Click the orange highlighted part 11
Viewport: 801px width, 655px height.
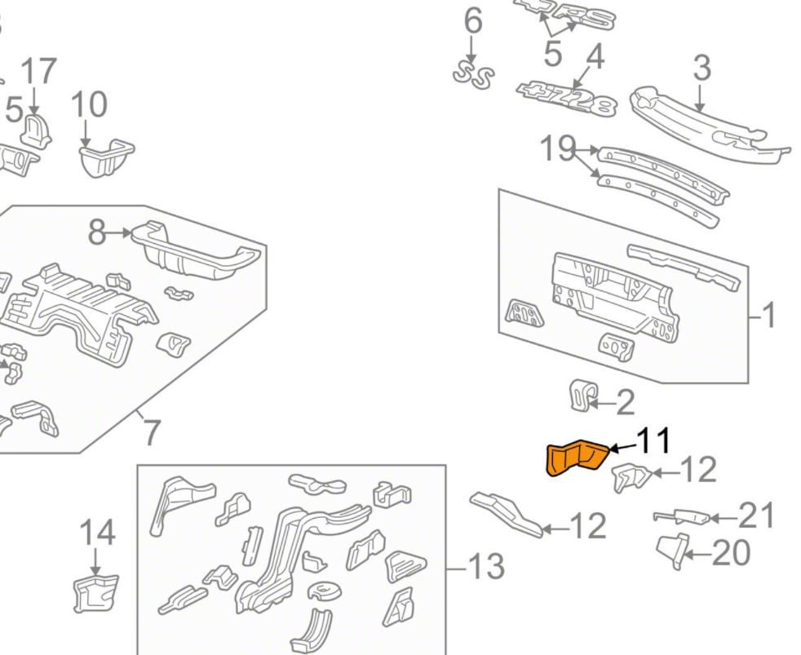pyautogui.click(x=576, y=458)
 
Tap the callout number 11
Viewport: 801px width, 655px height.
pyautogui.click(x=653, y=441)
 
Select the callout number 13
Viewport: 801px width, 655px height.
pyautogui.click(x=487, y=565)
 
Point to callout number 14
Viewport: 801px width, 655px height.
pyautogui.click(x=97, y=533)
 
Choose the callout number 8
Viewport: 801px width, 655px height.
pyautogui.click(x=97, y=233)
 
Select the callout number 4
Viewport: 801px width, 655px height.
pyautogui.click(x=595, y=57)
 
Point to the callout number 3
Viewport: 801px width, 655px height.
pyautogui.click(x=701, y=69)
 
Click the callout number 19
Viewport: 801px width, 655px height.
pyautogui.click(x=558, y=149)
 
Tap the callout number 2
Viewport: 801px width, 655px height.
pyautogui.click(x=625, y=402)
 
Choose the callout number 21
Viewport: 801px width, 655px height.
pyautogui.click(x=757, y=516)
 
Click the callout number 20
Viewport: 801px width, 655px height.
pyautogui.click(x=731, y=554)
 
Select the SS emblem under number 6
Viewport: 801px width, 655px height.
pyautogui.click(x=474, y=74)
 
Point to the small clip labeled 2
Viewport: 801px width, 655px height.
pyautogui.click(x=580, y=396)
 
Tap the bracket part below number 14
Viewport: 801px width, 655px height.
pyautogui.click(x=95, y=593)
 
